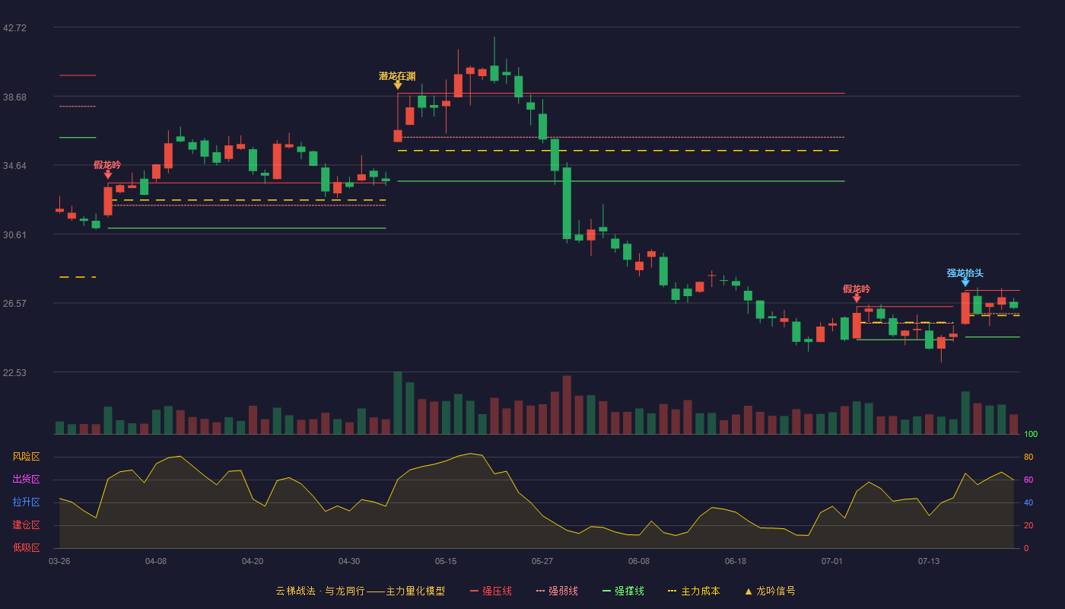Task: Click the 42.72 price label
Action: click(14, 28)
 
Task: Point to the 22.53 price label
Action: click(14, 372)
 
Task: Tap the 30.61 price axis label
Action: click(14, 235)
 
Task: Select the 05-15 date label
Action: click(446, 562)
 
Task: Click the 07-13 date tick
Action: click(929, 562)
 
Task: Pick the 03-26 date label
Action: click(59, 562)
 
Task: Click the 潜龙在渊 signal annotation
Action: click(397, 76)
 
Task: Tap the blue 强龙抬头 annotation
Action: click(965, 273)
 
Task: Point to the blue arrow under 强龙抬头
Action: click(965, 282)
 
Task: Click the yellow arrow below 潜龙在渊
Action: click(398, 85)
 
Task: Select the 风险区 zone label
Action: click(26, 457)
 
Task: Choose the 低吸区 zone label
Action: click(26, 548)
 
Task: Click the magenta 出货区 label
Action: click(26, 480)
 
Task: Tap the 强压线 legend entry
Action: click(491, 591)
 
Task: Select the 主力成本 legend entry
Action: click(694, 591)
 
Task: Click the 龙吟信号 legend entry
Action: click(770, 591)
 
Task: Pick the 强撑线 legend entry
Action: click(623, 591)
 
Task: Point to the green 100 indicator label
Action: click(1031, 435)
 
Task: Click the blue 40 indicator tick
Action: click(1028, 503)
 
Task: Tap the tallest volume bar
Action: click(398, 403)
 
